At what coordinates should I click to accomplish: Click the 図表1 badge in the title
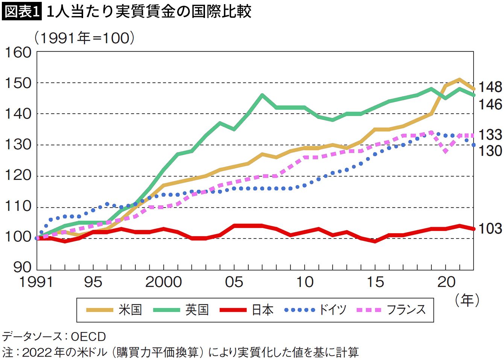coord(21,11)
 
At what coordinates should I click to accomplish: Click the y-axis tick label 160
coord(18,52)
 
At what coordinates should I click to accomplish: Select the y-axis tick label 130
coord(18,144)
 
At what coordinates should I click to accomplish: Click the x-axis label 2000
coord(164,282)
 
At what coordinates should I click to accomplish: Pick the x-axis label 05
coord(234,282)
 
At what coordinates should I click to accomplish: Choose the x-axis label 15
coord(375,282)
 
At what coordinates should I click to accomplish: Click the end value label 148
coord(490,87)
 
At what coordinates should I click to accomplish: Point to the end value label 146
coord(490,104)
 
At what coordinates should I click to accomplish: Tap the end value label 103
coord(490,228)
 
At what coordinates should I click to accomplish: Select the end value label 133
coord(490,134)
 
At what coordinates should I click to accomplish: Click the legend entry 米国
coord(130,310)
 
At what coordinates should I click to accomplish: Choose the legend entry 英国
coord(197,310)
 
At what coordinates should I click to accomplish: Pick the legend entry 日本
coord(263,310)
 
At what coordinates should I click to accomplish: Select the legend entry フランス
coord(406,310)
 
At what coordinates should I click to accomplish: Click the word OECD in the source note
coord(88,336)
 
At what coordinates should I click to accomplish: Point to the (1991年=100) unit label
coord(84,38)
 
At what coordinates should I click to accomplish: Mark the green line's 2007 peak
coord(262,95)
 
